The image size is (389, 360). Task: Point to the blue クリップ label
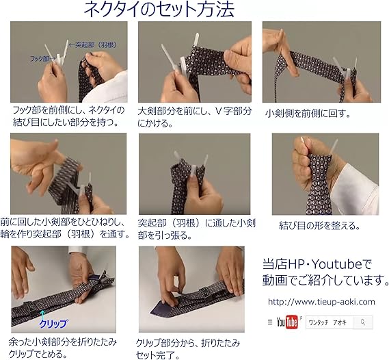click(x=53, y=321)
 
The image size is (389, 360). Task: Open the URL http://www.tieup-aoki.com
click(x=321, y=301)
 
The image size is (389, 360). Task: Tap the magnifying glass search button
click(x=363, y=322)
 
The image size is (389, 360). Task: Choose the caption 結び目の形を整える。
click(x=319, y=224)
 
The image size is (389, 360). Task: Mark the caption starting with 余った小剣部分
click(x=64, y=347)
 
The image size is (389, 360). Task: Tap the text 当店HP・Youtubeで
click(x=315, y=263)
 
